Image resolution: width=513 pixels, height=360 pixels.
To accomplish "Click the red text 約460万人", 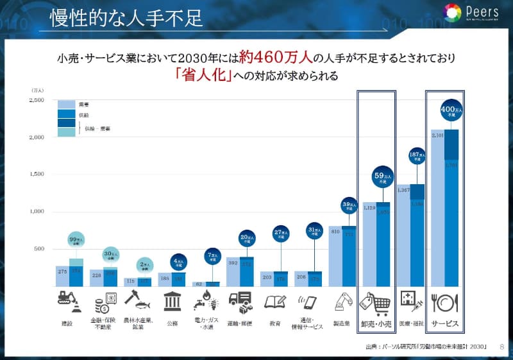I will coord(276,58).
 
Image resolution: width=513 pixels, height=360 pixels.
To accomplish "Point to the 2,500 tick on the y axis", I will coord(36,100).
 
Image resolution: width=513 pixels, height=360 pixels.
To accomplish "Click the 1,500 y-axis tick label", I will coord(36,174).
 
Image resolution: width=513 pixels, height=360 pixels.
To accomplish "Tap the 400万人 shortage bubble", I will coord(452,111).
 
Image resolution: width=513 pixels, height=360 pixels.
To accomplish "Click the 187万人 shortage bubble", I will coord(417,157).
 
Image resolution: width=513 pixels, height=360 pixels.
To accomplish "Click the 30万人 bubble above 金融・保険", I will coord(110,254).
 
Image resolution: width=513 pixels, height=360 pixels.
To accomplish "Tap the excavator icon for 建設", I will coord(69,300).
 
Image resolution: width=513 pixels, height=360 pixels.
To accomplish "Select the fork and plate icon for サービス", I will coord(444,301).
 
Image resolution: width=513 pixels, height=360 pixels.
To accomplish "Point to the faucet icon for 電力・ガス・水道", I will coord(205,300).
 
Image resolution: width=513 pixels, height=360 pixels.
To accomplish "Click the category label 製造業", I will coord(341,324).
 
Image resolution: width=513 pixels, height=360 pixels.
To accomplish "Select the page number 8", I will coord(501,348).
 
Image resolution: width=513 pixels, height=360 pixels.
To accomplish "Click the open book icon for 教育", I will coord(274,301).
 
